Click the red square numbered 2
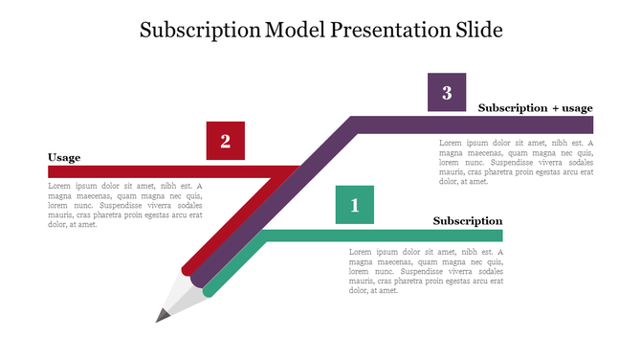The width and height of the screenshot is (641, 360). click(226, 141)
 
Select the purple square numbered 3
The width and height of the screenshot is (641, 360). click(447, 92)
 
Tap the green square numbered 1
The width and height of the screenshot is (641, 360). click(355, 205)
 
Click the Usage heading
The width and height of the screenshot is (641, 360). click(64, 157)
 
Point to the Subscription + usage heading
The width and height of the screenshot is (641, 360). click(535, 108)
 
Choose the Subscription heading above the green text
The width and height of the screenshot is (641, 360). click(467, 221)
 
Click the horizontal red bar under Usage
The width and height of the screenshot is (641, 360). click(163, 172)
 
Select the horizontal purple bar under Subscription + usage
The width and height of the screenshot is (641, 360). click(478, 124)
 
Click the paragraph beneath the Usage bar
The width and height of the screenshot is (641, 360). click(125, 206)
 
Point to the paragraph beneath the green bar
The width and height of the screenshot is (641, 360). click(426, 271)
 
